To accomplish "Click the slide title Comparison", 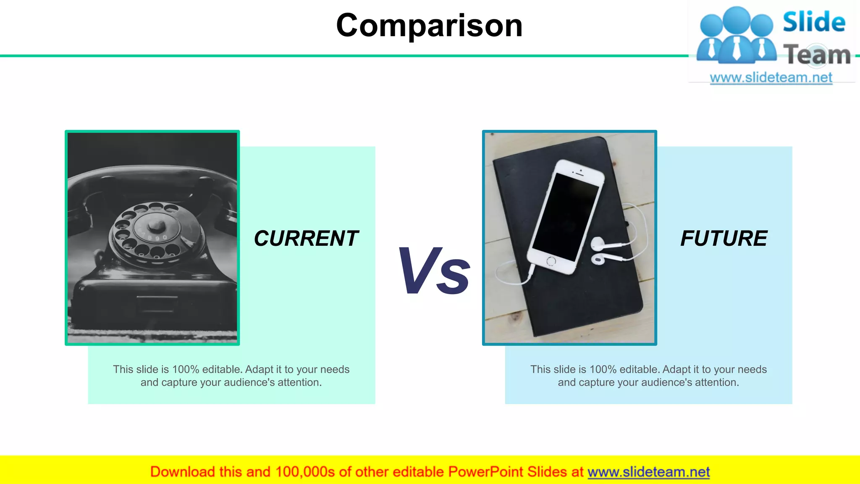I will [x=429, y=26].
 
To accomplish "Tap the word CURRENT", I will [x=306, y=239].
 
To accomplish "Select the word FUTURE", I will [x=724, y=239].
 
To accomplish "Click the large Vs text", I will [x=434, y=271].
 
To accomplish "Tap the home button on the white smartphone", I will [x=551, y=261].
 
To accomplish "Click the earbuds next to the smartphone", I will [x=598, y=250].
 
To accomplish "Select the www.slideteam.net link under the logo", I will [x=771, y=78].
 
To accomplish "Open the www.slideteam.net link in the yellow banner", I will [x=648, y=472].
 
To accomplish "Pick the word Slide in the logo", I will [x=814, y=22].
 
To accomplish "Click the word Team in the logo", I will [x=817, y=55].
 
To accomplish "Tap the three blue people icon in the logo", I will [x=736, y=36].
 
